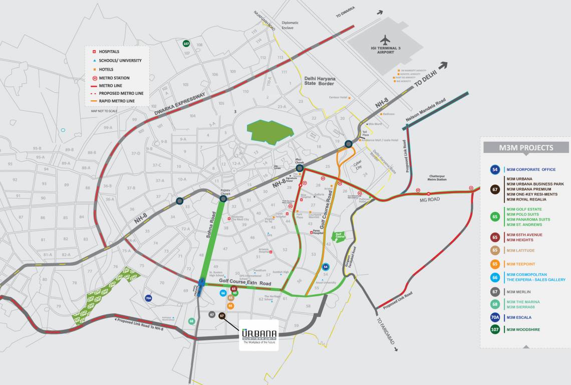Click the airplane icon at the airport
(385, 40)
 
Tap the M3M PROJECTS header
(526, 147)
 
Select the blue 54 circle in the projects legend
(495, 169)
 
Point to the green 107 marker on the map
(186, 44)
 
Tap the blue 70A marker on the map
(148, 298)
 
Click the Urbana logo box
(258, 335)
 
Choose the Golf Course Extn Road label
(245, 284)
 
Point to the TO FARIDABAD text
(386, 330)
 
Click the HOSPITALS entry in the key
(109, 52)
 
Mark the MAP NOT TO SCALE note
(104, 111)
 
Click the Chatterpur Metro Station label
(437, 178)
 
